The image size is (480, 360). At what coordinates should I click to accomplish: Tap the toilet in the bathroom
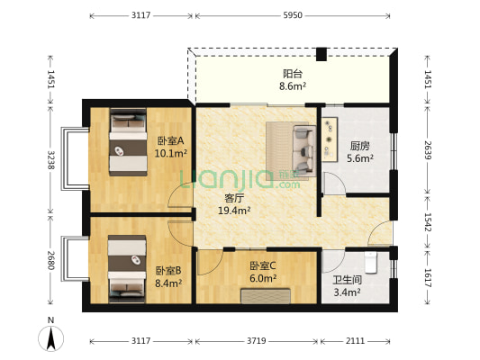371,262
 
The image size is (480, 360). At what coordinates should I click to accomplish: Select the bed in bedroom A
128,142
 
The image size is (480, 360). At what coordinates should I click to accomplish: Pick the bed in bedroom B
127,268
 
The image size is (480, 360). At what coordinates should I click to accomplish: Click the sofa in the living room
304,151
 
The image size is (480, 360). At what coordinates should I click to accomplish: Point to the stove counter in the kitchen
330,139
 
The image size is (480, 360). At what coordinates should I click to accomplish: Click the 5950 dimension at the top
293,15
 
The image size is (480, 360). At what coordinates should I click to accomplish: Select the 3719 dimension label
257,341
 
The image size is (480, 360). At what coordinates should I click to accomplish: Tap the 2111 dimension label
355,341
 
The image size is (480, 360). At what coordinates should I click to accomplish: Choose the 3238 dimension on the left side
50,160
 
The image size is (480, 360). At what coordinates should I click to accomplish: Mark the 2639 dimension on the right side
428,150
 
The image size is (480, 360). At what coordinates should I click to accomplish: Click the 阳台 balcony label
293,74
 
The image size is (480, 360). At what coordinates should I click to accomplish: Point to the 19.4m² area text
234,211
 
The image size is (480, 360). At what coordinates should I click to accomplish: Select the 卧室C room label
263,265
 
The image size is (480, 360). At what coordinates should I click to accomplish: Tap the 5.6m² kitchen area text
360,158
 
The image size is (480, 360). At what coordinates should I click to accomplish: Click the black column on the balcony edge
322,54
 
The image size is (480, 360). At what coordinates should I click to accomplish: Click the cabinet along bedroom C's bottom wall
266,296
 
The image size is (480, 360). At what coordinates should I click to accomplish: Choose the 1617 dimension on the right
428,278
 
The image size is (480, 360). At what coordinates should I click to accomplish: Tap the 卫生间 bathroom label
347,280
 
